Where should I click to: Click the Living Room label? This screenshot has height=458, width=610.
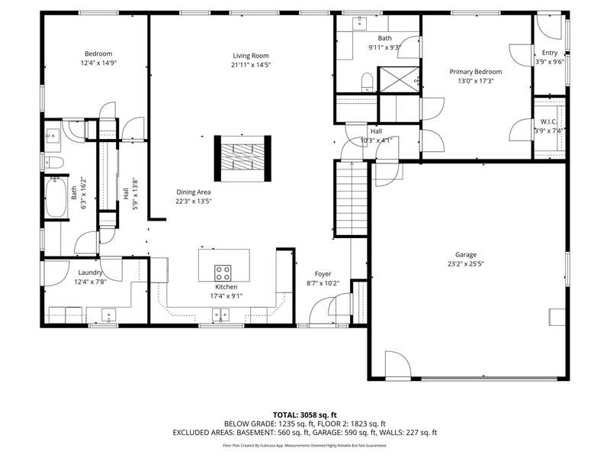[251, 56]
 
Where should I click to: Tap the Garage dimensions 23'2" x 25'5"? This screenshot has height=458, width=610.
[466, 263]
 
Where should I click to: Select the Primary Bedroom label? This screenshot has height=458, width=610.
[475, 72]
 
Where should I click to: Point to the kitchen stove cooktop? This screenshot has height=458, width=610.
[223, 273]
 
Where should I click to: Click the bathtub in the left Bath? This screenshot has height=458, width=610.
[56, 197]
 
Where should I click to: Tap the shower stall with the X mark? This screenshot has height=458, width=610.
[399, 80]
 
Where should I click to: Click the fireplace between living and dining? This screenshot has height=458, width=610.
[242, 159]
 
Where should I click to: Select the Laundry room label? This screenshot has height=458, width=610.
[90, 273]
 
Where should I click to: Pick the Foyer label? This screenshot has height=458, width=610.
[323, 274]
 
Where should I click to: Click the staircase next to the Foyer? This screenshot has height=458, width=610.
[352, 198]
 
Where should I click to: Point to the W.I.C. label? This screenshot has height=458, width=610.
[548, 121]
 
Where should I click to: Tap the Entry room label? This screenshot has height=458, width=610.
[550, 53]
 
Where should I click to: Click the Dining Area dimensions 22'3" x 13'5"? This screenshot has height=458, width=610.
[194, 202]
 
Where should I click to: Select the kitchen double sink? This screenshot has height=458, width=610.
[220, 314]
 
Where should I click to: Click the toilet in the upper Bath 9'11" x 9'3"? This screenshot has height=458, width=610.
[368, 82]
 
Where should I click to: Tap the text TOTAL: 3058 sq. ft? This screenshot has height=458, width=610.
[304, 414]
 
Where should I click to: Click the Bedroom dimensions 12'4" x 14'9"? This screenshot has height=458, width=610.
[98, 63]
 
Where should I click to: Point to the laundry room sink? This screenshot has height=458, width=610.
[109, 314]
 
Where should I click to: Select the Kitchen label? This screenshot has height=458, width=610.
[226, 287]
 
